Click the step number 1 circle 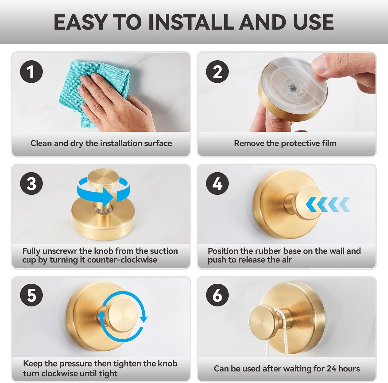click(31, 72)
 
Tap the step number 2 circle click(217, 72)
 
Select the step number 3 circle click(31, 184)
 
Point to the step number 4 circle click(217, 184)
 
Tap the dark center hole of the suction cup click(291, 87)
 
